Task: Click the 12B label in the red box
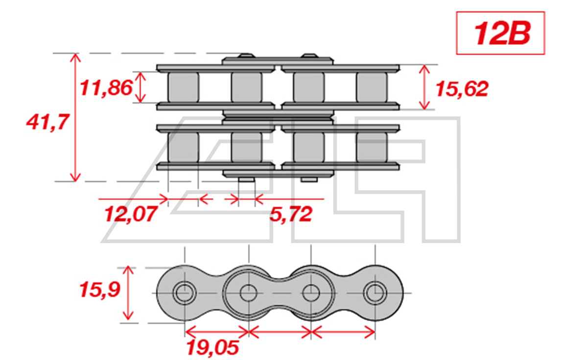tap(502, 33)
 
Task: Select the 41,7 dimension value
tap(47, 122)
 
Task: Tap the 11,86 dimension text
tap(106, 88)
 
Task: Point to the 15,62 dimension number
tap(462, 89)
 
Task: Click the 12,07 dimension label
tap(131, 214)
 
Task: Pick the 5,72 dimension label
tap(291, 214)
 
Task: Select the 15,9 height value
tap(100, 290)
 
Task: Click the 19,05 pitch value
tap(212, 347)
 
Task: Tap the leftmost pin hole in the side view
tap(185, 293)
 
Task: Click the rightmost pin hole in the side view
tap(375, 293)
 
